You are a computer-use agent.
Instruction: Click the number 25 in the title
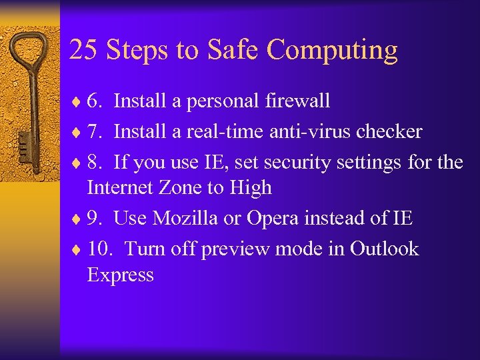(82, 50)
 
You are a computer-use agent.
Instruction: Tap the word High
(251, 188)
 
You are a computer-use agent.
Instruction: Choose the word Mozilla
(184, 218)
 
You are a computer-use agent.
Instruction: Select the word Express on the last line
(120, 275)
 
